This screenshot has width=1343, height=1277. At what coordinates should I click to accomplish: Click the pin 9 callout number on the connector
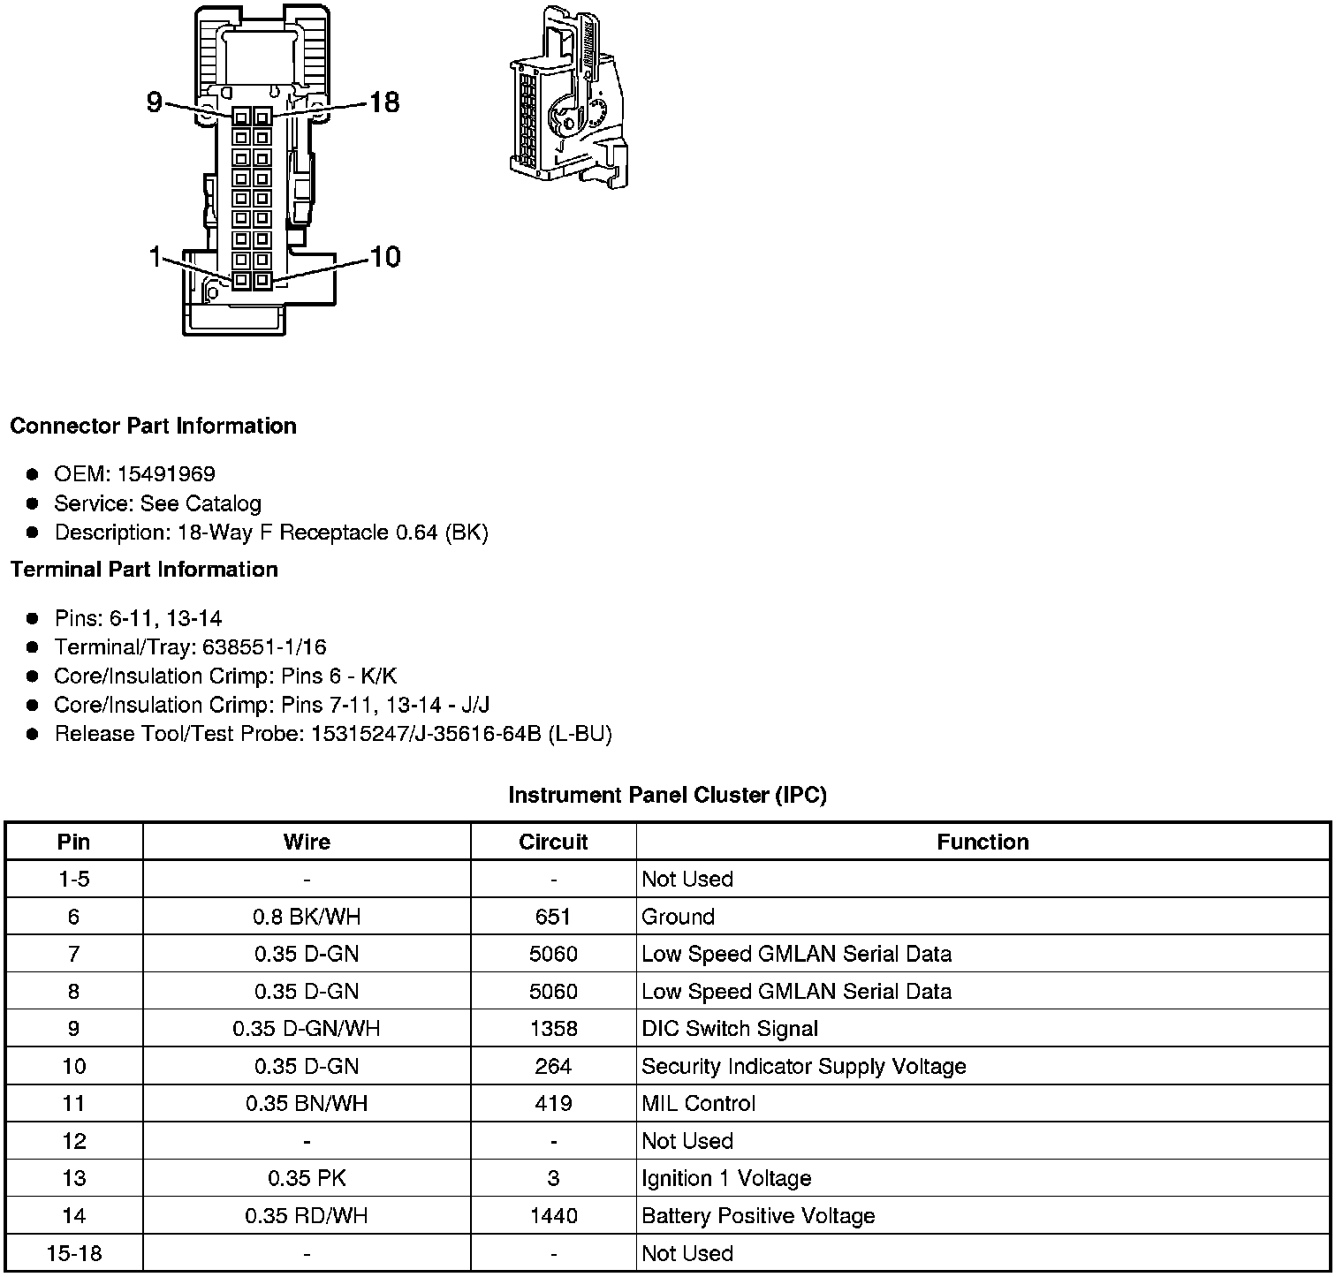155,102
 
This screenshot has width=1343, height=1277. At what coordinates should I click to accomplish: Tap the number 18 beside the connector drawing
384,102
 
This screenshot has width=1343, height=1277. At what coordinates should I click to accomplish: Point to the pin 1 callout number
156,258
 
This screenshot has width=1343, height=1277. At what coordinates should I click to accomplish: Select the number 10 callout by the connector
384,257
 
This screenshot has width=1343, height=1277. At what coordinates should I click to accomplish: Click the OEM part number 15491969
166,474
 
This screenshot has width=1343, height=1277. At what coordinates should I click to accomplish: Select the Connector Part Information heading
153,426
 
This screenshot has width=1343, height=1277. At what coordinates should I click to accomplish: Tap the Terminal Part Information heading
144,570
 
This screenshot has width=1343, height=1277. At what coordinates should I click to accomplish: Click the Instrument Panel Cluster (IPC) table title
667,795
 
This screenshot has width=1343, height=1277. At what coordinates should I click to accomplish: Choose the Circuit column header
553,842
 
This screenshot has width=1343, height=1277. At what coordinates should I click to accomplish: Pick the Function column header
983,842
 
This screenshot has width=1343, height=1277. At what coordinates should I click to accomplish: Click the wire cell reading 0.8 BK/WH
307,917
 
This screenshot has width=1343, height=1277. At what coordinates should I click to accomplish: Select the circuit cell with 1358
553,1029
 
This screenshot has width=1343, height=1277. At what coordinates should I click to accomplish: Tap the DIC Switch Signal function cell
730,1029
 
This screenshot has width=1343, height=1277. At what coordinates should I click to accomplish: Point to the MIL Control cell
698,1104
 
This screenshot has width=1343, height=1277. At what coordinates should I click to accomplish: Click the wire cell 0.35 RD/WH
307,1216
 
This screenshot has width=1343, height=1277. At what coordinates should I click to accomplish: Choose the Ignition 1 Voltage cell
726,1179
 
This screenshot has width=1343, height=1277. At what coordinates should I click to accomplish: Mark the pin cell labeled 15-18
73,1253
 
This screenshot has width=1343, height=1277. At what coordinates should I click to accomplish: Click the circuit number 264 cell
553,1066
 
